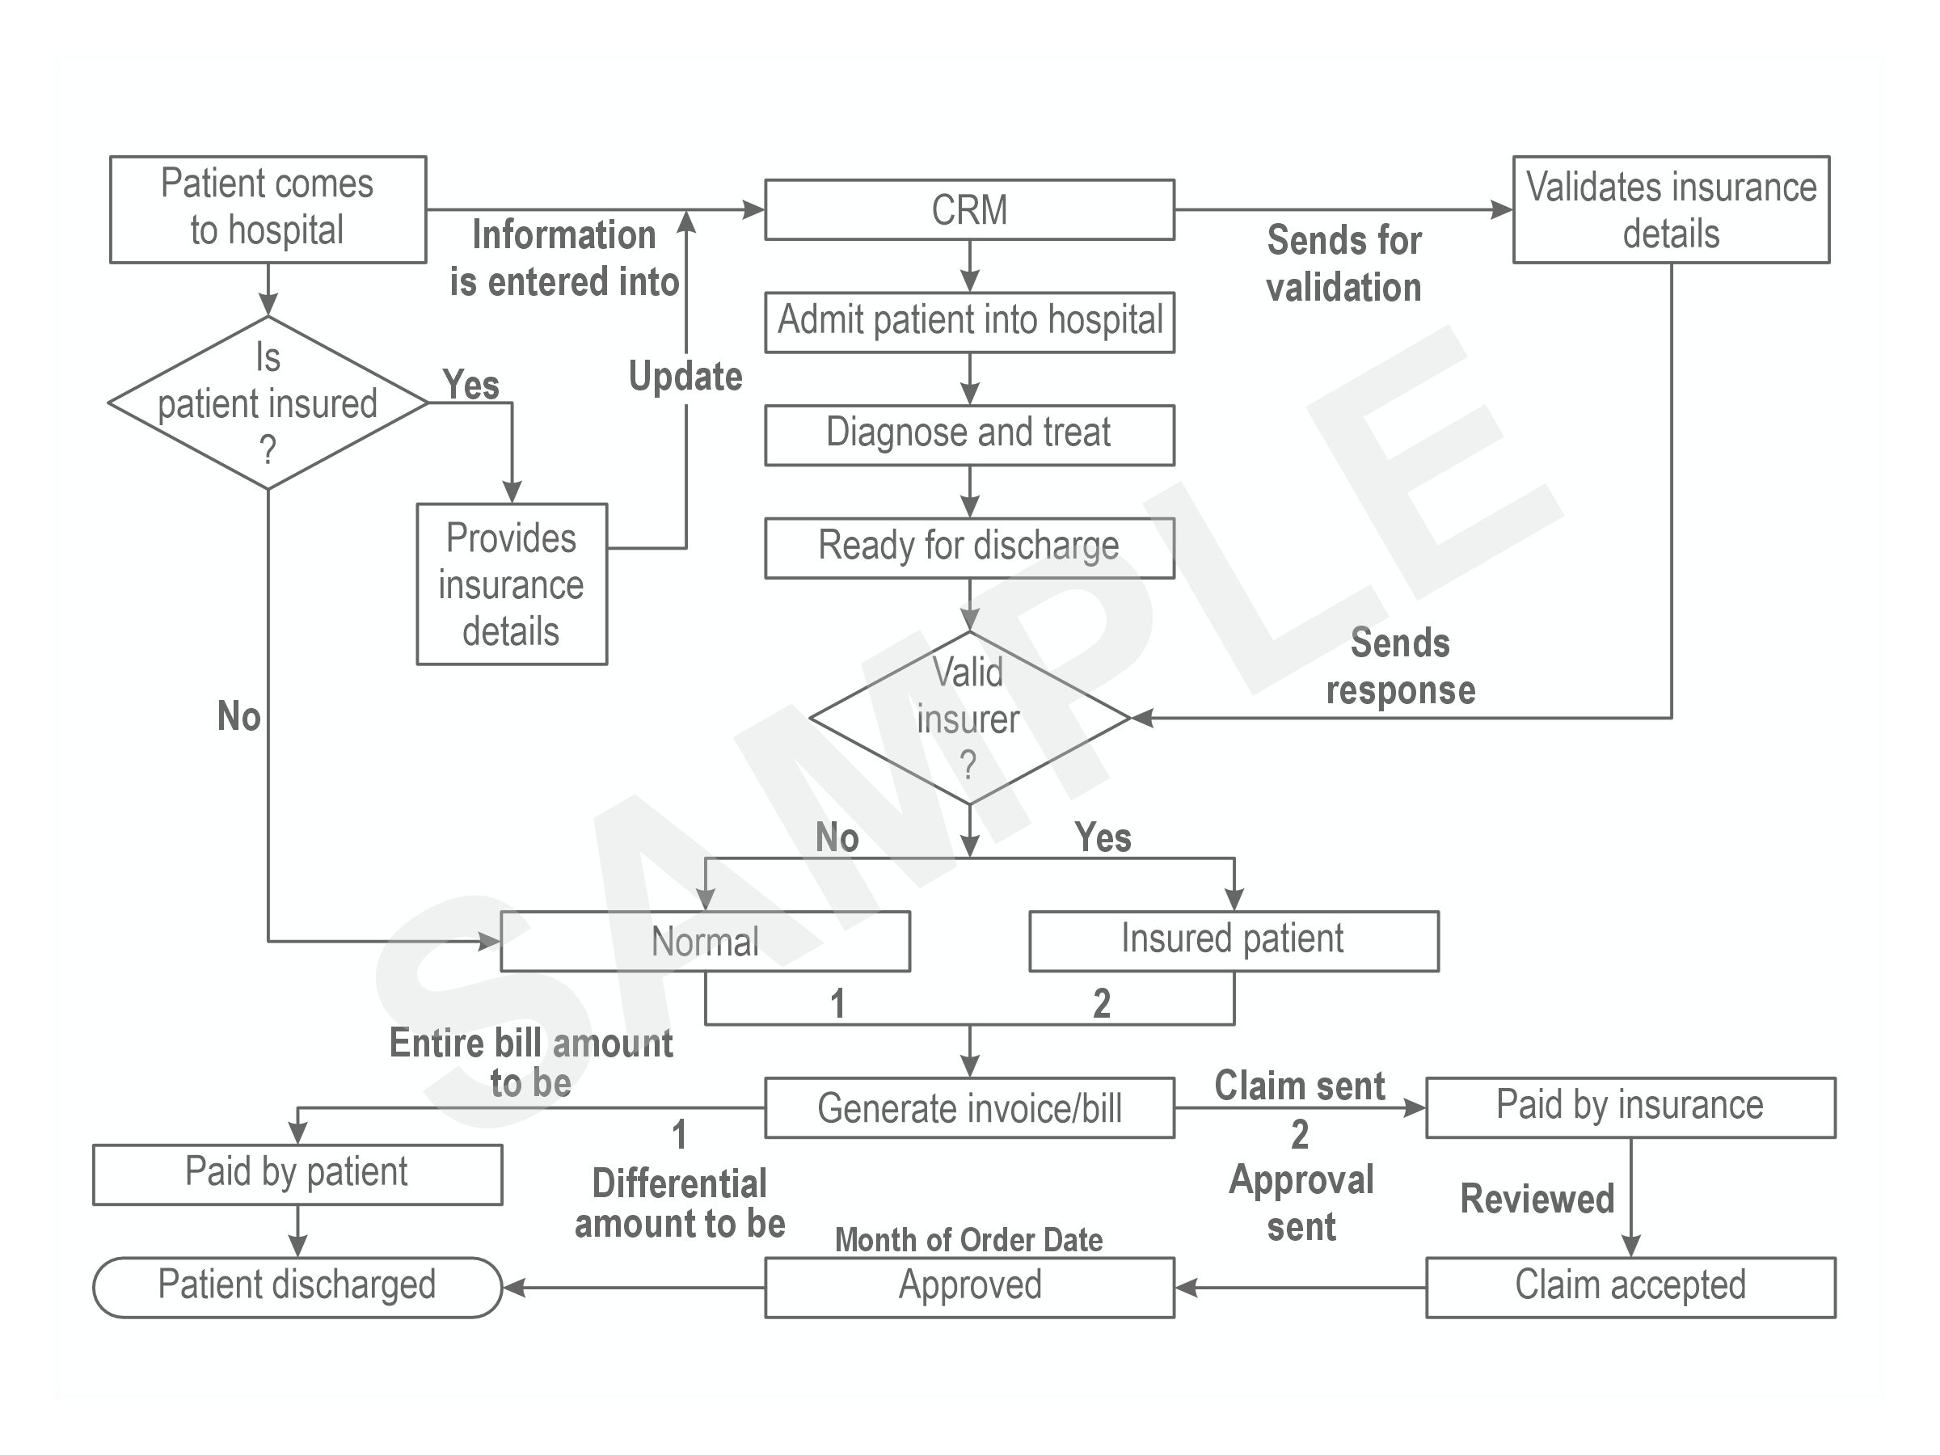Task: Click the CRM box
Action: (x=969, y=209)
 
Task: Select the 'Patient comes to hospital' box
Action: (x=268, y=209)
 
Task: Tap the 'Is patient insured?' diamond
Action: (x=268, y=403)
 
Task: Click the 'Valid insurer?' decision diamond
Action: (x=969, y=718)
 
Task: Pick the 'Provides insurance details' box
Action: (x=512, y=584)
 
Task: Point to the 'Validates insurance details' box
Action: (x=1671, y=209)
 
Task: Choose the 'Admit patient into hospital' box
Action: (x=969, y=322)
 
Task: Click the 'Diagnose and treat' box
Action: (x=969, y=435)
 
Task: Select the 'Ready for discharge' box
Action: (x=969, y=548)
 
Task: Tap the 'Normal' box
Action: (x=705, y=941)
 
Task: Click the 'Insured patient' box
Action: (x=1234, y=941)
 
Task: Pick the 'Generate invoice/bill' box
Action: (x=969, y=1107)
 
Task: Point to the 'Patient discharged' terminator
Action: (x=297, y=1288)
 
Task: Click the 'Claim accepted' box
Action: (x=1630, y=1288)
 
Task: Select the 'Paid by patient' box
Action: (x=297, y=1175)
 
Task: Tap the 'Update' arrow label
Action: (x=685, y=376)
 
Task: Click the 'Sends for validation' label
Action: (x=1343, y=263)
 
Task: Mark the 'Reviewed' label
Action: (x=1537, y=1198)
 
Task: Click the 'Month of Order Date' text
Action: (x=968, y=1239)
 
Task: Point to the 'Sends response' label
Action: (x=1401, y=666)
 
